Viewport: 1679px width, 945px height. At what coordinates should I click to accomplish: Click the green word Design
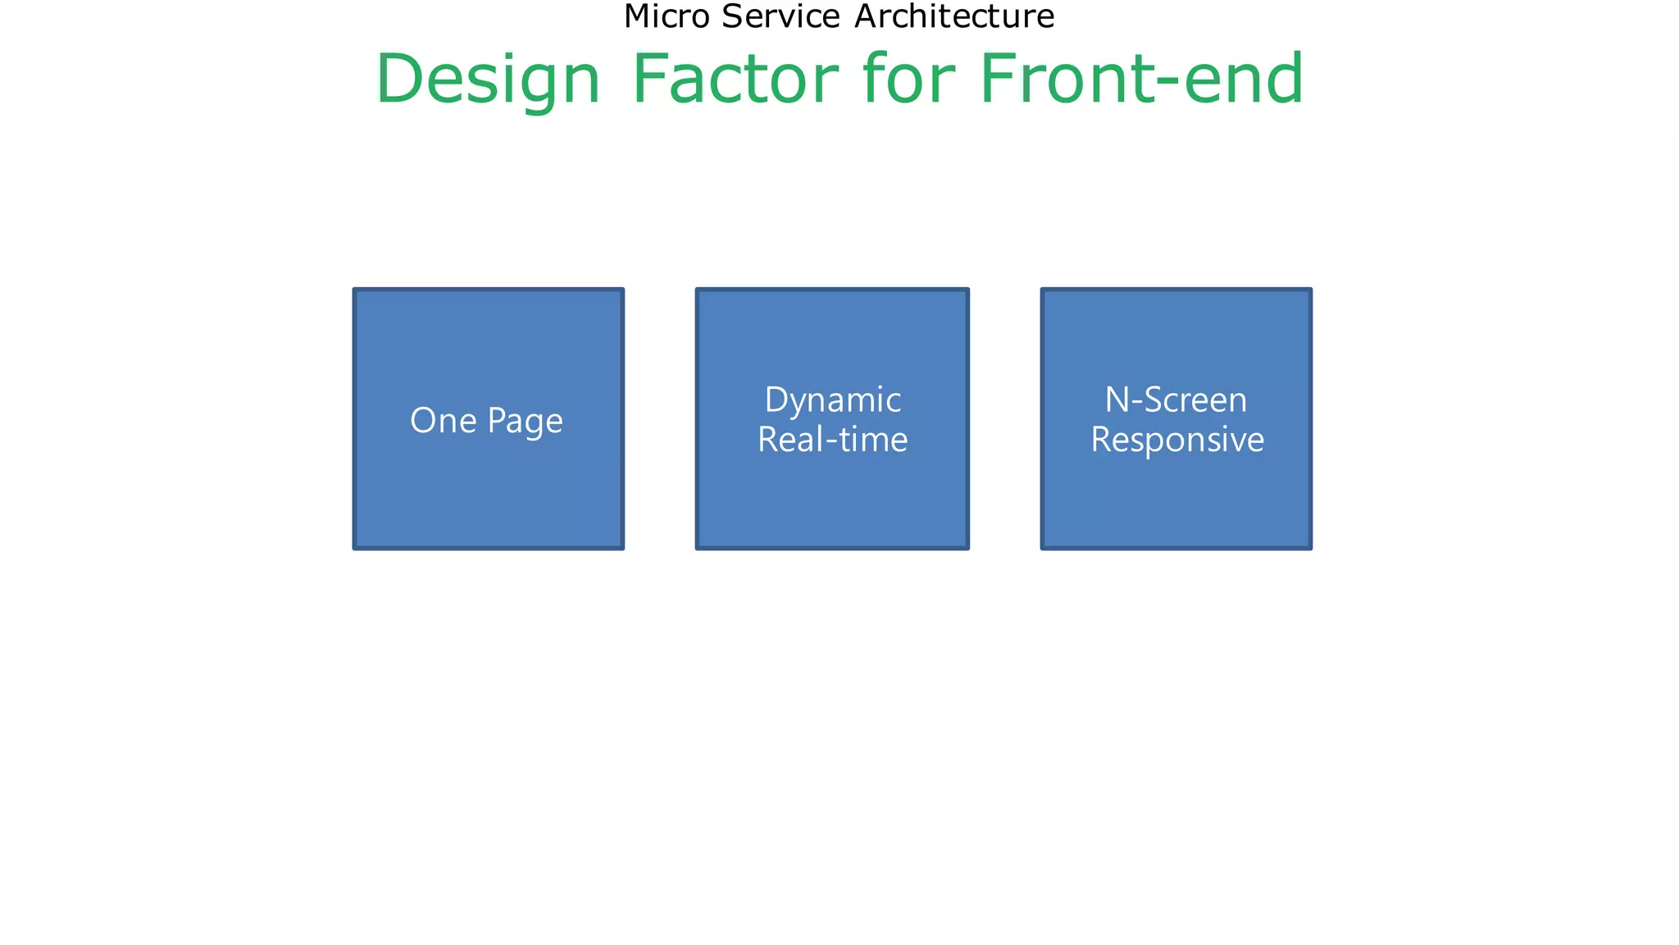[x=489, y=80]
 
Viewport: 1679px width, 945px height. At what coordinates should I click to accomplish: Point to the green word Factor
[x=735, y=80]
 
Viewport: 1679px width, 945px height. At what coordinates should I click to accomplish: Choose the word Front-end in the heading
[x=1141, y=80]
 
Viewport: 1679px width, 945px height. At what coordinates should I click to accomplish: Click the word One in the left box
[x=443, y=421]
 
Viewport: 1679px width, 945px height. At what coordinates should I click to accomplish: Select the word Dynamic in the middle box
[x=832, y=401]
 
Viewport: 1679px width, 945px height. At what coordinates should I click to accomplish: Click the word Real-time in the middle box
[x=832, y=440]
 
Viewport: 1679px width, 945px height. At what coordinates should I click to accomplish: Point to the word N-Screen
[x=1176, y=400]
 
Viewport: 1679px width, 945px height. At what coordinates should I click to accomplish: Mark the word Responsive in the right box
[x=1177, y=441]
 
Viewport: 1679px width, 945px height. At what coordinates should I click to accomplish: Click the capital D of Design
[x=398, y=80]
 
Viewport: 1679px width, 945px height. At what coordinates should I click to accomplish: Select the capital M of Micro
[x=636, y=16]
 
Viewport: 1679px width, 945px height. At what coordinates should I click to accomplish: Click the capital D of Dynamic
[x=776, y=400]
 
